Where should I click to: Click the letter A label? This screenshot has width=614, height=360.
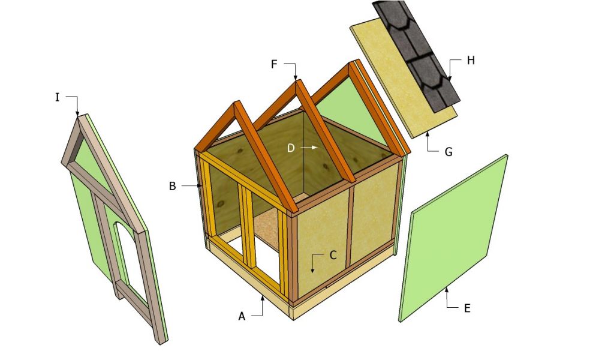point(242,316)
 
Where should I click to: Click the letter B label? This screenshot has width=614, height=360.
point(172,186)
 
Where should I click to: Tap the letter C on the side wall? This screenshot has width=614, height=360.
point(333,254)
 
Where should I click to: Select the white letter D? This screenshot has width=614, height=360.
point(290,148)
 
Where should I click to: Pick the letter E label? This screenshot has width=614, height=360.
point(467,308)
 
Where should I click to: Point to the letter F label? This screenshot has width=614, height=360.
point(274,64)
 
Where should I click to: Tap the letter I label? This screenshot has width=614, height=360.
point(58,97)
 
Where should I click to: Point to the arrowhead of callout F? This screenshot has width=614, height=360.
point(296,77)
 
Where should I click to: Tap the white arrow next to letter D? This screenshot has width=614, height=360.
point(309,147)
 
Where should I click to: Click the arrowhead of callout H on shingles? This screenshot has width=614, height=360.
point(449,79)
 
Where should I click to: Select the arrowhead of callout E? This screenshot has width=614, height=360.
point(446,290)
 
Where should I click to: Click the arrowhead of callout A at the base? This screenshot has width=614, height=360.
point(262,296)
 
